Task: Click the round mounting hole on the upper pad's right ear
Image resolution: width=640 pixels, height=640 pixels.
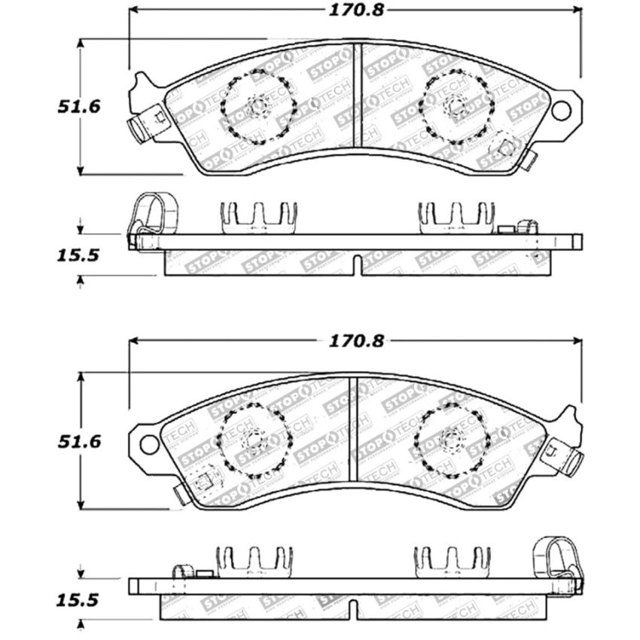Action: pos(561,111)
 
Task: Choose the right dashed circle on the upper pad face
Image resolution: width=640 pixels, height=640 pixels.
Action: pos(456,107)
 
